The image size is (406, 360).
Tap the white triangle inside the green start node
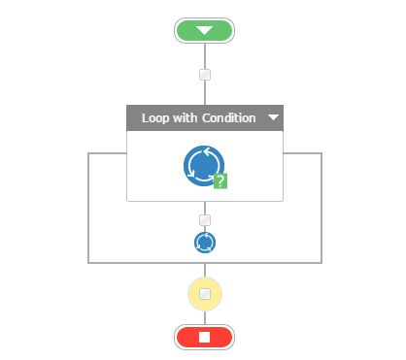coord(204,30)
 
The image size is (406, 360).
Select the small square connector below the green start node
coord(204,75)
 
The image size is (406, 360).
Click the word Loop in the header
coord(155,118)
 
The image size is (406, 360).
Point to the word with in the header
coord(186,118)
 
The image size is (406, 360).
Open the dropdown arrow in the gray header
coord(273,118)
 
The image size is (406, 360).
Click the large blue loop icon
coord(203,165)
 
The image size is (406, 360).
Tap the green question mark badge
coord(220,180)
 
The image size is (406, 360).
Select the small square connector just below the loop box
coord(204,220)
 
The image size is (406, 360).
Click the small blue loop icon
coord(204,242)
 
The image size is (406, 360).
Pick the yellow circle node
coord(204,293)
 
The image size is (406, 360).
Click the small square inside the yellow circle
coord(204,293)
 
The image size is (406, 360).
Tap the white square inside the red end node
coord(204,337)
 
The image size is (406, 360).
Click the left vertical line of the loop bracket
coord(88,208)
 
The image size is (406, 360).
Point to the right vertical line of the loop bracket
coord(321,208)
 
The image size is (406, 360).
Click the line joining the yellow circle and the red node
coord(204,318)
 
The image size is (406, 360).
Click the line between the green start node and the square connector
coord(204,55)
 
